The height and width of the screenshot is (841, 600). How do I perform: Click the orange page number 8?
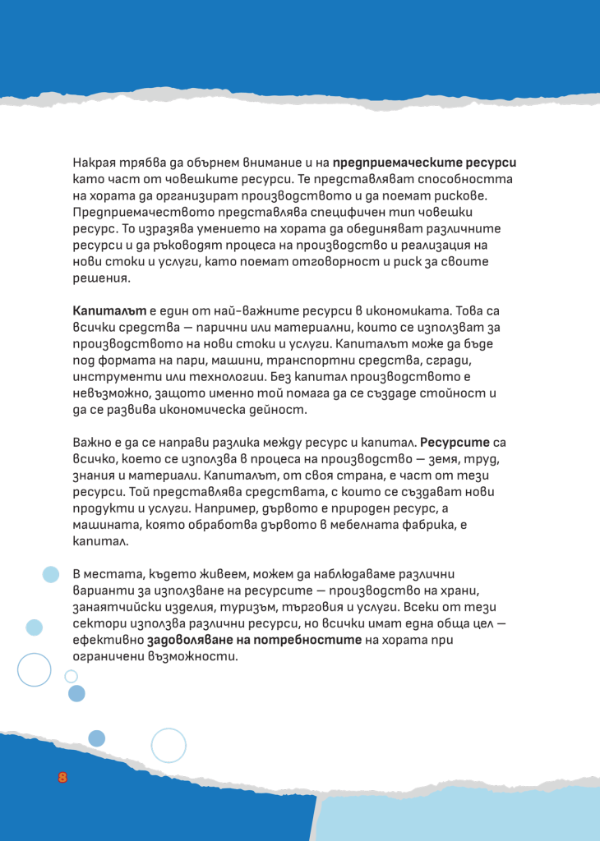coord(62,778)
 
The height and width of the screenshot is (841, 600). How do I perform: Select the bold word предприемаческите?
coord(404,162)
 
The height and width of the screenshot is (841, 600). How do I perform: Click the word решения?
coord(101,278)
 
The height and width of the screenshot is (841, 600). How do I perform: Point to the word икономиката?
coord(396,312)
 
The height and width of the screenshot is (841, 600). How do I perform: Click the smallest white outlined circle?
coord(71,676)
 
